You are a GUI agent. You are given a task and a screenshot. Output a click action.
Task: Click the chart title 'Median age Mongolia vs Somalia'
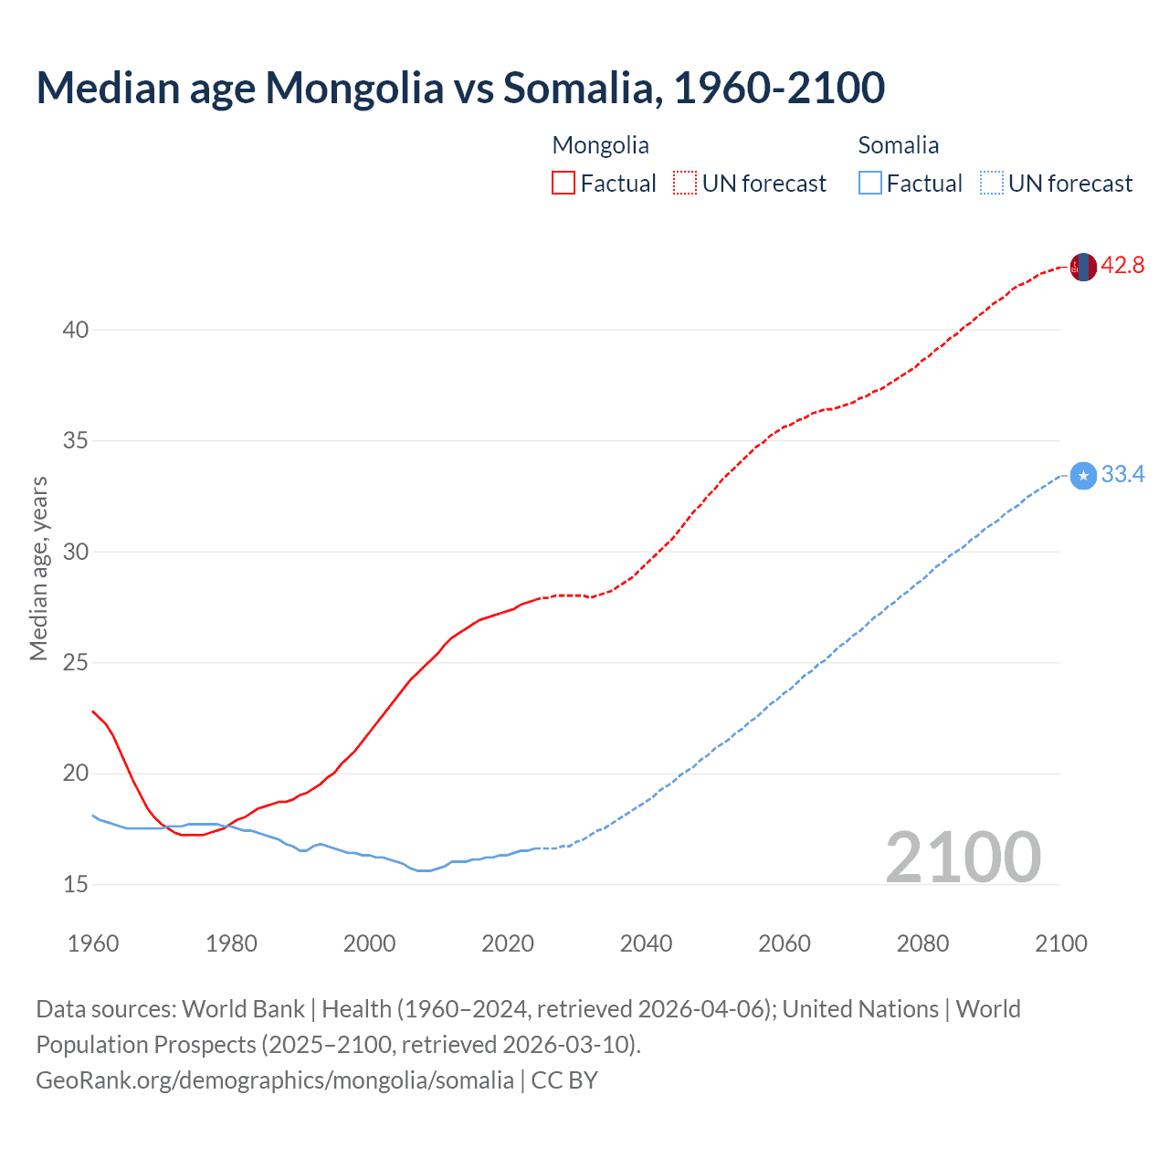[x=460, y=88]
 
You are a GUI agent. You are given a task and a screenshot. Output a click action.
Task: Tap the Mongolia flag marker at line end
[x=1082, y=267]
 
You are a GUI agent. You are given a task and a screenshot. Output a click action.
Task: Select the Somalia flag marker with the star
[x=1082, y=476]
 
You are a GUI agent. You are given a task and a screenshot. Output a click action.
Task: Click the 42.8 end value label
[x=1122, y=266]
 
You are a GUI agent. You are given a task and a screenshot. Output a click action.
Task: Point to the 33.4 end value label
[x=1122, y=475]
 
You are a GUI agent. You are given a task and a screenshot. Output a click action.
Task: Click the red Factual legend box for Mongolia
[x=563, y=184]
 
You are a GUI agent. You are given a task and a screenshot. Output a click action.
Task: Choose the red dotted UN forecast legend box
[x=685, y=184]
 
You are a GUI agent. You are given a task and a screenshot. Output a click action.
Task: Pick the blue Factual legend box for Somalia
[x=869, y=184]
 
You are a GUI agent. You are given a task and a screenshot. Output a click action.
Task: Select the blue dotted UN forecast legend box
[x=991, y=184]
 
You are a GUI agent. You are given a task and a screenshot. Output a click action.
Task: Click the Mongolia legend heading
[x=600, y=145]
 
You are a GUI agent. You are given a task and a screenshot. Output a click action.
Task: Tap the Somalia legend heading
[x=898, y=145]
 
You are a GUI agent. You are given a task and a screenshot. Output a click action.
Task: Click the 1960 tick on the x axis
[x=93, y=943]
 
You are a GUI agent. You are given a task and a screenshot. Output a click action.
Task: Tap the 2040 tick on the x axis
[x=646, y=943]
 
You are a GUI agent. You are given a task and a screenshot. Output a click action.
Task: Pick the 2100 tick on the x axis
[x=1060, y=943]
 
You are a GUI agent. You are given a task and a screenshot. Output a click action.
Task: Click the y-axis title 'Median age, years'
[x=38, y=568]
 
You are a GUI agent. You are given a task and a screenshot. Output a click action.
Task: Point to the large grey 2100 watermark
[x=963, y=857]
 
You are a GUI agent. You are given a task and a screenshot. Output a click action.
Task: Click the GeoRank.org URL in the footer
[x=274, y=1080]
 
